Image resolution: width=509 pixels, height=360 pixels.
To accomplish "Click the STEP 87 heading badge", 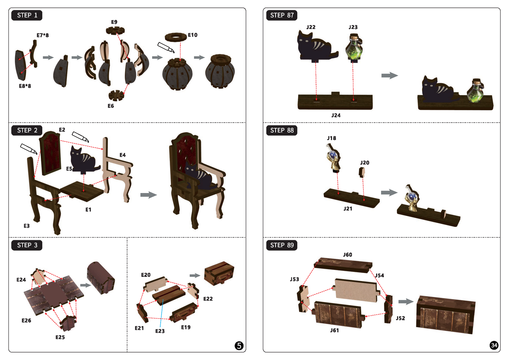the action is click(x=281, y=15).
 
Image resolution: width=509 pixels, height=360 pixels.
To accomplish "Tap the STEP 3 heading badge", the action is click(x=27, y=245).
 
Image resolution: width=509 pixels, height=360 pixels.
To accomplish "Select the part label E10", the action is click(x=193, y=35).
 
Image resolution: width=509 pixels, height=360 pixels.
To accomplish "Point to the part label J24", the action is click(x=336, y=116).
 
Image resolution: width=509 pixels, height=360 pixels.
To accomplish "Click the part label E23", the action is click(x=160, y=331).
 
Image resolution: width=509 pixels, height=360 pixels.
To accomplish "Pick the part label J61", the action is click(x=335, y=330).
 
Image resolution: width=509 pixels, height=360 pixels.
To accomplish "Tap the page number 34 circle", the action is click(x=494, y=346).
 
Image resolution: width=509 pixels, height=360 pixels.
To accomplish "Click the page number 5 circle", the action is click(x=239, y=346).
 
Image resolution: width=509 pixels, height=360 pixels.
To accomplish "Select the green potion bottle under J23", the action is click(x=354, y=48).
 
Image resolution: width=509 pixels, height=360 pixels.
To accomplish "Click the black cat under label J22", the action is click(x=316, y=46).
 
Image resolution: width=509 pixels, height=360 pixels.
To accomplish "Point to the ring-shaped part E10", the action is click(x=176, y=37).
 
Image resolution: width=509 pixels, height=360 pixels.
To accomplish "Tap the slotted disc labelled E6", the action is click(x=116, y=95).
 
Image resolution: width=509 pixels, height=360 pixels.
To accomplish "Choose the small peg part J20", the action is click(x=362, y=172).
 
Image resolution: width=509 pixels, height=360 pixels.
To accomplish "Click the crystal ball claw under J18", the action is click(x=334, y=158).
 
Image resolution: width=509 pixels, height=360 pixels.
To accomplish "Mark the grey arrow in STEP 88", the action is click(x=389, y=192).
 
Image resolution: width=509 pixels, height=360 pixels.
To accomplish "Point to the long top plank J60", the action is click(x=343, y=265).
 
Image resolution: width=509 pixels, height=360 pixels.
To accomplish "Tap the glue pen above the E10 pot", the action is click(x=166, y=48).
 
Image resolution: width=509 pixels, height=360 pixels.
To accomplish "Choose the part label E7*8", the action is click(x=43, y=35).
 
